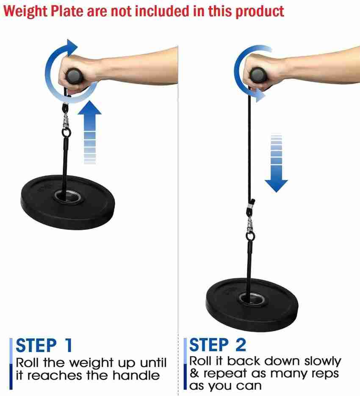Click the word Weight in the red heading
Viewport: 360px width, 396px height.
tap(25, 11)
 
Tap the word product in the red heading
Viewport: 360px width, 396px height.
tap(260, 11)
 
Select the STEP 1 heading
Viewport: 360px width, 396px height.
tap(44, 345)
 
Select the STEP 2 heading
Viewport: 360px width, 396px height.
tap(218, 345)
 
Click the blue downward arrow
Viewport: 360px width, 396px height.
tap(276, 163)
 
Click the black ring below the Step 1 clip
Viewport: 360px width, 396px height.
tap(66, 133)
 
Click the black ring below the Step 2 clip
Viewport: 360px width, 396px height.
tap(250, 236)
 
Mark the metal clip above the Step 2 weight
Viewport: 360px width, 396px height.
tap(250, 224)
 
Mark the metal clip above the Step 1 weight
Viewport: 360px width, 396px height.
tap(66, 121)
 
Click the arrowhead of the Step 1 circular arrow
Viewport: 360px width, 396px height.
tap(72, 47)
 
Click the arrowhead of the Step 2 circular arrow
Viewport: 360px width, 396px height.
tap(260, 96)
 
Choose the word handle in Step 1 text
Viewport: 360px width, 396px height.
tap(136, 375)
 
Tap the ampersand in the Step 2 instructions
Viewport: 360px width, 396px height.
tap(194, 373)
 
